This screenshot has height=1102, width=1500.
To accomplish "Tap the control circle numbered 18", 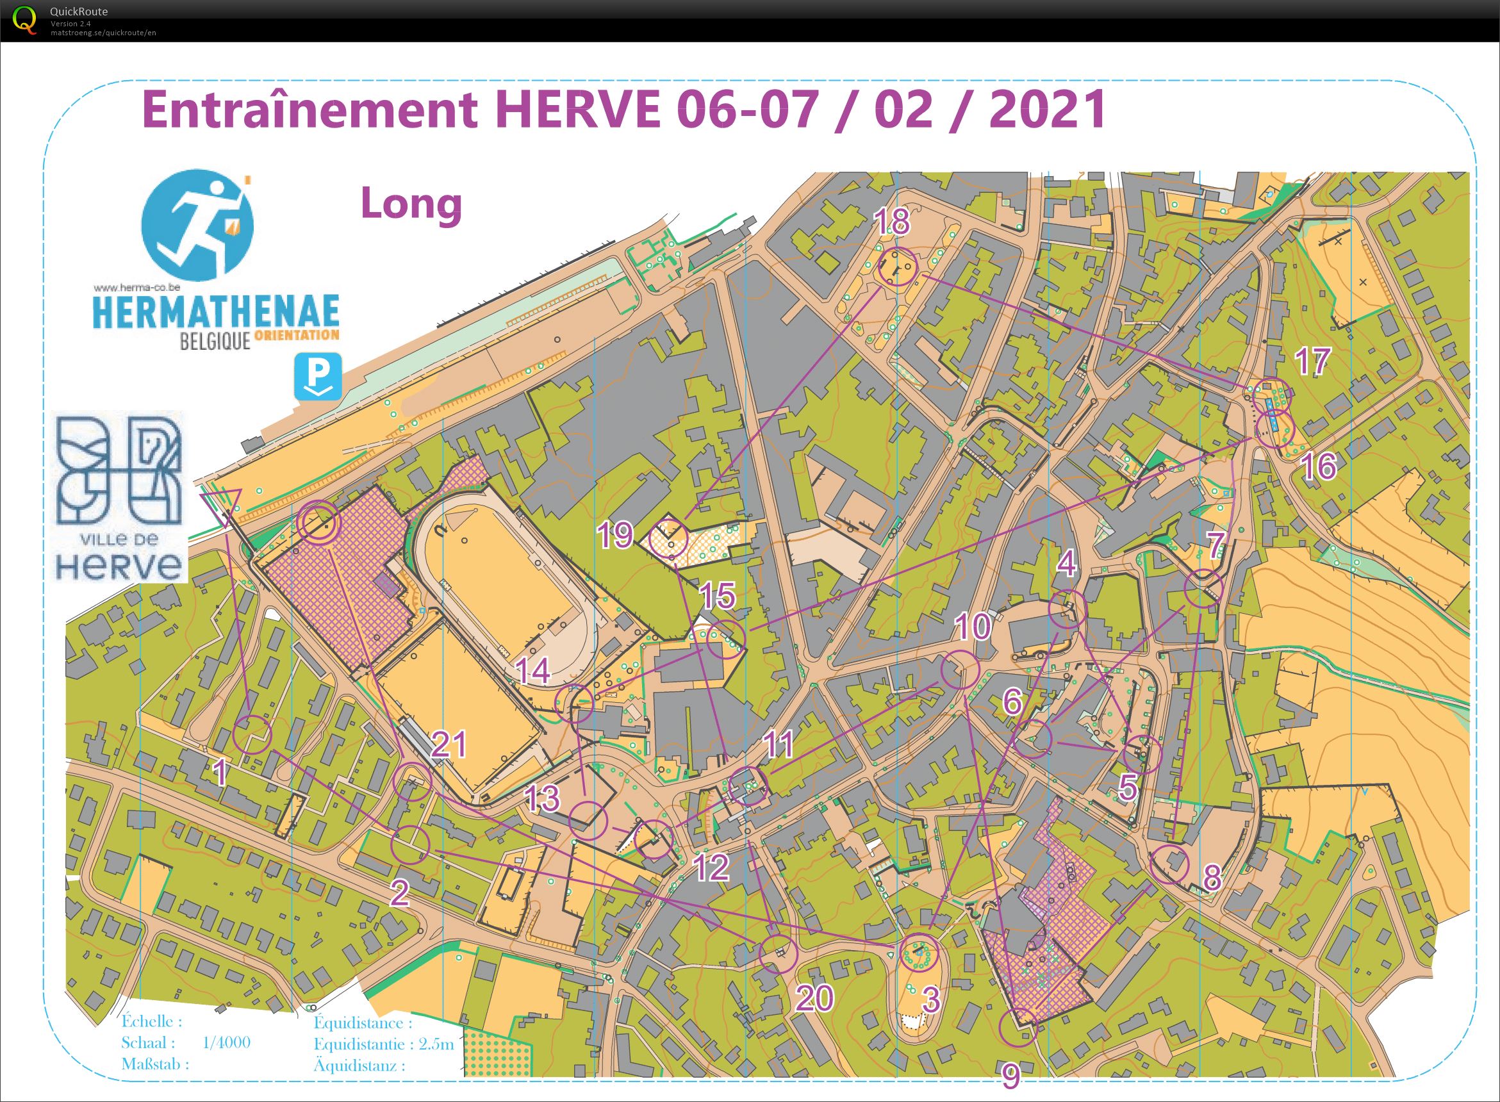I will [x=897, y=267].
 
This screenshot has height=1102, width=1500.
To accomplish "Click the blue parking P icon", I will [x=318, y=377].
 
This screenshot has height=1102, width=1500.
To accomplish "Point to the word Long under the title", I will [x=411, y=204].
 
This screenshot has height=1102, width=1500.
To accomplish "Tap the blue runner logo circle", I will [x=197, y=226].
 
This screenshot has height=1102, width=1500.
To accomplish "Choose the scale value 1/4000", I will [x=226, y=1042].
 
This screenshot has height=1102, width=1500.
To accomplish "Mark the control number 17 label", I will [x=1312, y=361].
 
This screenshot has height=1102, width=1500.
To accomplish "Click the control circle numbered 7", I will [x=1203, y=589].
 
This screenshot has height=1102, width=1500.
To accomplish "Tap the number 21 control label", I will [x=448, y=744].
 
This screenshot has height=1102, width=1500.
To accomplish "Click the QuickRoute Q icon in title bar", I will [x=25, y=19].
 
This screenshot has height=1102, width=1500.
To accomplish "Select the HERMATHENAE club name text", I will [x=215, y=312].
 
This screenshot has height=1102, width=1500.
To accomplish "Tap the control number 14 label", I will [x=534, y=671].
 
